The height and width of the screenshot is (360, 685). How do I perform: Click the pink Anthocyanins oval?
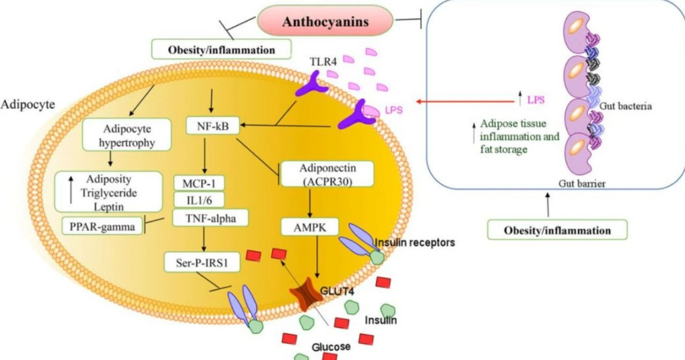coord(325,21)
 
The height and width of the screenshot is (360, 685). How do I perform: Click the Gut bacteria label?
coord(625,106)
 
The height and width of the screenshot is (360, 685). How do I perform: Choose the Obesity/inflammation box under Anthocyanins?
coord(221,49)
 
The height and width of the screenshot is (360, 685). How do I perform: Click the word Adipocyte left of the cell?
coord(28,105)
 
